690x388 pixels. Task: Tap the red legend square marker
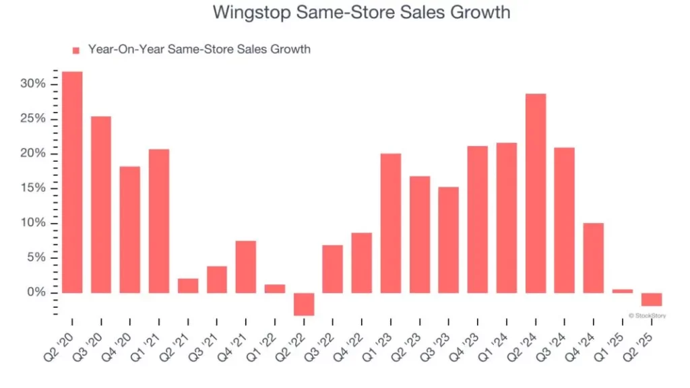click(75, 50)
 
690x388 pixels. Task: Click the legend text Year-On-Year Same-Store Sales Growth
click(199, 49)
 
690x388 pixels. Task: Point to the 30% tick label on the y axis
click(33, 84)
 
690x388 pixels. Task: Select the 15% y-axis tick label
click(33, 189)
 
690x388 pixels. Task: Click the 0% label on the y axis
click(36, 293)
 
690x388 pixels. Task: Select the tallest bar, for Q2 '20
click(72, 182)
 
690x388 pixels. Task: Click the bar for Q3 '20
click(101, 205)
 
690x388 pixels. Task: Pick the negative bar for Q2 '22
click(304, 304)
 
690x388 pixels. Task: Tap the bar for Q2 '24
click(536, 193)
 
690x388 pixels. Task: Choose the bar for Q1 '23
click(391, 223)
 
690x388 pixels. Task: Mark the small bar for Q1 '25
click(623, 291)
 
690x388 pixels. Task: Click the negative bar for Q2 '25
click(652, 300)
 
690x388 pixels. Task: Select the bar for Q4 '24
click(594, 258)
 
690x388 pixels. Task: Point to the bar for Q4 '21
click(246, 267)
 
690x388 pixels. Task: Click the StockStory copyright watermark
click(647, 315)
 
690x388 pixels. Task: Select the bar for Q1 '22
click(275, 288)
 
